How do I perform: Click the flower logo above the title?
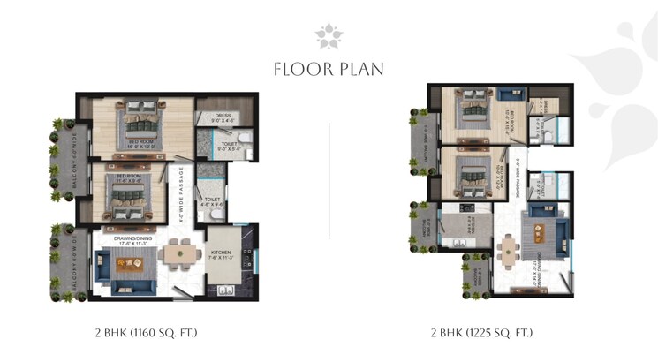point(329,35)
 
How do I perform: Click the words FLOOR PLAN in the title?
point(329,69)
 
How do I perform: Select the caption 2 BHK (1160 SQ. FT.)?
point(146,333)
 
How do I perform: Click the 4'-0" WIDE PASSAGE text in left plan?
point(182,191)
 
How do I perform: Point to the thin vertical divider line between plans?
point(329,181)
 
